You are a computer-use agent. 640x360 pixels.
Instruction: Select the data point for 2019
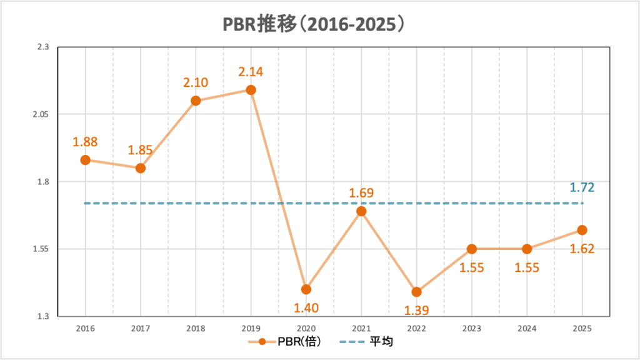click(x=251, y=90)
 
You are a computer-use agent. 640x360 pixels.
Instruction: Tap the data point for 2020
click(x=306, y=289)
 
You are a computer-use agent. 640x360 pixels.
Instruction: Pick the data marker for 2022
click(x=416, y=292)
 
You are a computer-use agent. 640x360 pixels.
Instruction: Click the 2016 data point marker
click(x=85, y=160)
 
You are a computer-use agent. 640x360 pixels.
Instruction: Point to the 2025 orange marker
click(x=582, y=230)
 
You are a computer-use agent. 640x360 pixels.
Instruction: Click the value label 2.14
click(x=251, y=72)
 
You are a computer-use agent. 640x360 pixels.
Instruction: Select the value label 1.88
click(x=85, y=142)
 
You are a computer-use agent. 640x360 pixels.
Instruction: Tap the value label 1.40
click(x=306, y=307)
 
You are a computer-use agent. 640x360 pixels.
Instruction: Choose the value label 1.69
click(x=361, y=192)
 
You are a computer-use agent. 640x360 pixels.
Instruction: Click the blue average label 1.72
click(x=582, y=187)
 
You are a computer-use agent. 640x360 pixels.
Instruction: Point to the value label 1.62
click(x=582, y=248)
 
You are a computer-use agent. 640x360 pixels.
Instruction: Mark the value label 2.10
click(x=196, y=82)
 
